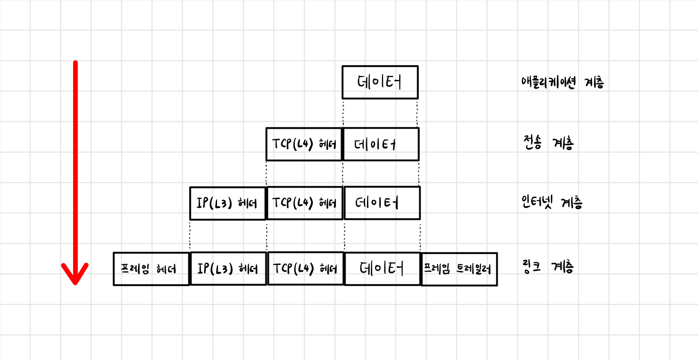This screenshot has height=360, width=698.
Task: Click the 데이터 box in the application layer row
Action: coord(380,82)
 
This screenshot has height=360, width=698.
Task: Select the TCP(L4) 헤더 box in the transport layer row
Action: coord(304,144)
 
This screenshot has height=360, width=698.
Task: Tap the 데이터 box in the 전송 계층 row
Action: coord(381,144)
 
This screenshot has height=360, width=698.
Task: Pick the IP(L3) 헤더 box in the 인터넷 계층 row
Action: coord(228,203)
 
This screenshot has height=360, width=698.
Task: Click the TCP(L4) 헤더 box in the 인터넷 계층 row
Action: coord(305,203)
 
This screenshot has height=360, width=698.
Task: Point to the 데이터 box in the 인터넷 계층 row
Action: coord(382,203)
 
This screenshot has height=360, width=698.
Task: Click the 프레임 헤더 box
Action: coord(151,269)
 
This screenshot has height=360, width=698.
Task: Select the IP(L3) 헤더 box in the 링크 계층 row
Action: coord(228,269)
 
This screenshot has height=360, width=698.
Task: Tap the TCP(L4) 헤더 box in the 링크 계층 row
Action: coord(305,269)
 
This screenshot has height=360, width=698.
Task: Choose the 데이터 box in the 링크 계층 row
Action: coord(382,269)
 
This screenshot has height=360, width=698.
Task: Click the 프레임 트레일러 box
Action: coord(459,269)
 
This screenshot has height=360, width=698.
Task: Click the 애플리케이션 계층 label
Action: coord(562,83)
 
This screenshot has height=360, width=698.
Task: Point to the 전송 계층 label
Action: coord(548,142)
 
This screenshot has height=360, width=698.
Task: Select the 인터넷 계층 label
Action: coord(551,202)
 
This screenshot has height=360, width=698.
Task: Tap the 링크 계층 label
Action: coord(547,267)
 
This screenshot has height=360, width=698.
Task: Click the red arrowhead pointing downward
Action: coord(75,275)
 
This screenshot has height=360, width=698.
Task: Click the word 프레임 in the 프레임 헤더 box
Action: coord(135,269)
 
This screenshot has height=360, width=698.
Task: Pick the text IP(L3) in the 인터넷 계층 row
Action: coord(214,203)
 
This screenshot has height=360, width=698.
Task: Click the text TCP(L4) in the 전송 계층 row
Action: coord(292,144)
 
